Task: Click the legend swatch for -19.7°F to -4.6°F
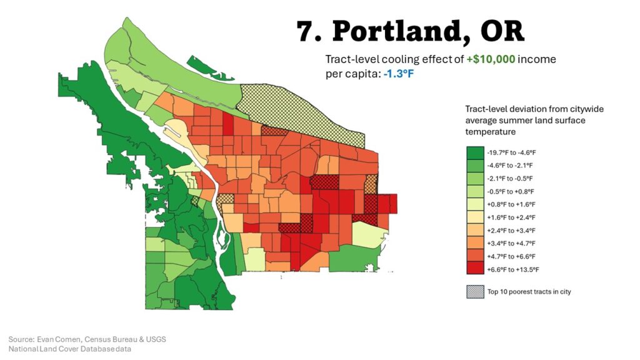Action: tap(475, 152)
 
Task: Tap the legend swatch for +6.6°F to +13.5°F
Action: tap(475, 269)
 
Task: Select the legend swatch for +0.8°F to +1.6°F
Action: tap(475, 204)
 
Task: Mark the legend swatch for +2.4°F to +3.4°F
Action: tap(475, 230)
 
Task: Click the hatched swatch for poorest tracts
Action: tap(475, 291)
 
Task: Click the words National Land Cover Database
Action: tap(53, 348)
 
